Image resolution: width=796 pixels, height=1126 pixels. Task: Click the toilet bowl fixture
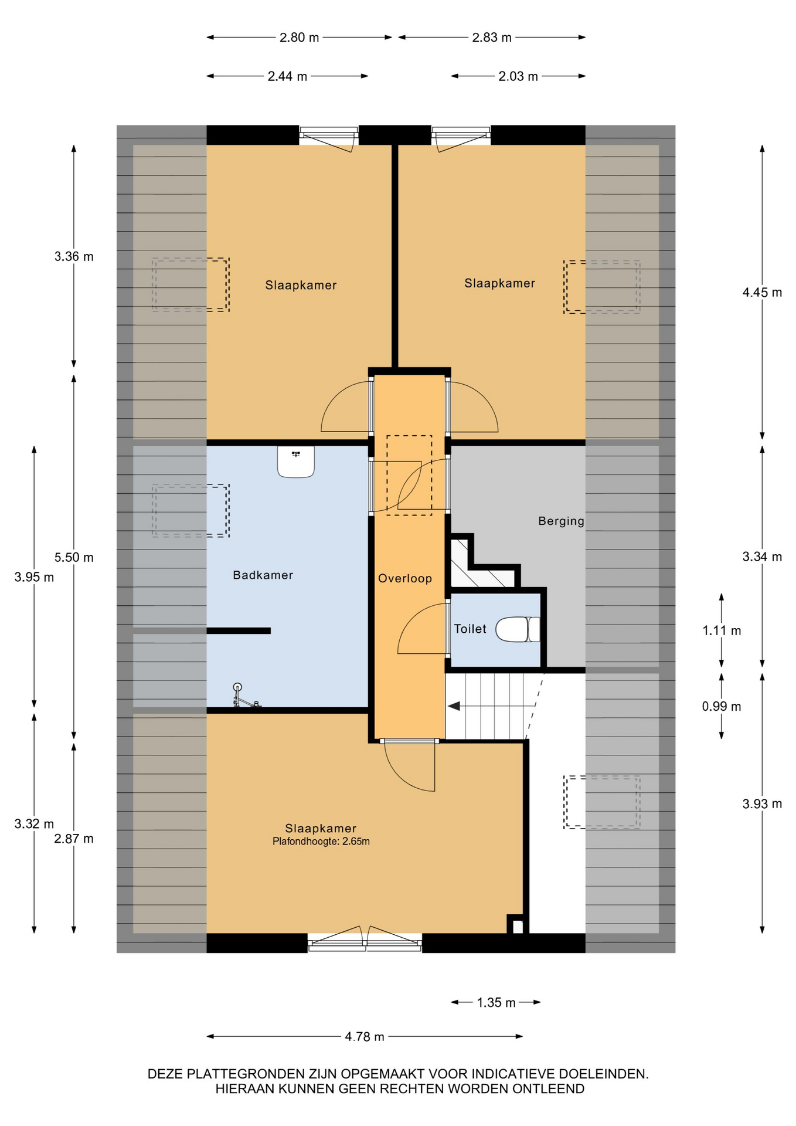pyautogui.click(x=518, y=629)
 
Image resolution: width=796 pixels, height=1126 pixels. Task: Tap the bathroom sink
pyautogui.click(x=296, y=462)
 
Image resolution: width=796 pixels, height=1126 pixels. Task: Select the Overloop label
pyautogui.click(x=405, y=578)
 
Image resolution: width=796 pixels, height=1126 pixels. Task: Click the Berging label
pyautogui.click(x=562, y=521)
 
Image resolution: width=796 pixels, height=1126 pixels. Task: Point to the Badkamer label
pyautogui.click(x=263, y=575)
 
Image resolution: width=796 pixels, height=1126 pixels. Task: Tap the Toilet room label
pyautogui.click(x=470, y=629)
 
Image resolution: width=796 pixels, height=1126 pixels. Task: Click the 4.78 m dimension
pyautogui.click(x=365, y=1036)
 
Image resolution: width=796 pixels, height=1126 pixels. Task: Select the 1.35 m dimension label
pyautogui.click(x=496, y=1002)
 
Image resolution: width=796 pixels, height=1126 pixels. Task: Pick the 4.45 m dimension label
pyautogui.click(x=762, y=292)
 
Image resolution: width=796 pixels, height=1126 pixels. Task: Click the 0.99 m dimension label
pyautogui.click(x=722, y=706)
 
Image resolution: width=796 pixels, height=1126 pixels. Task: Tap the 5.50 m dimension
pyautogui.click(x=74, y=557)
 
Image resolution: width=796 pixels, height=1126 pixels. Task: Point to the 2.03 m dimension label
pyautogui.click(x=518, y=76)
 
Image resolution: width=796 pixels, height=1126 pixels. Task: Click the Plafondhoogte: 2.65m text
pyautogui.click(x=321, y=842)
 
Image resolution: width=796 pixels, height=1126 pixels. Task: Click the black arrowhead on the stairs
pyautogui.click(x=454, y=706)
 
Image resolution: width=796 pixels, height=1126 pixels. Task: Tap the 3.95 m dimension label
pyautogui.click(x=34, y=577)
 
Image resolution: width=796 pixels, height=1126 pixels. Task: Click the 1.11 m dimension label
pyautogui.click(x=722, y=630)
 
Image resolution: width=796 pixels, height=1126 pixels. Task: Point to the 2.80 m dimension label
pyautogui.click(x=299, y=38)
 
